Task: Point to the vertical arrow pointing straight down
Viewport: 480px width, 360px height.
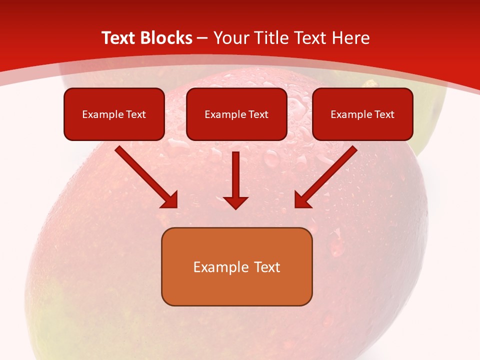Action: click(236, 175)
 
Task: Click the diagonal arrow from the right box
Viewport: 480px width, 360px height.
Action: click(330, 172)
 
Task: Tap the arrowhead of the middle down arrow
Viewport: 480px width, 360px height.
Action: click(236, 202)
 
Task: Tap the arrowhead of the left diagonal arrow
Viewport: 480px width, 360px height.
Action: click(170, 200)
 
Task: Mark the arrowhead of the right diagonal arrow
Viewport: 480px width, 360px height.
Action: click(302, 200)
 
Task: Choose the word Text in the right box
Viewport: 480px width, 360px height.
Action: click(384, 114)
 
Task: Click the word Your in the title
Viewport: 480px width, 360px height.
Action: click(230, 38)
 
